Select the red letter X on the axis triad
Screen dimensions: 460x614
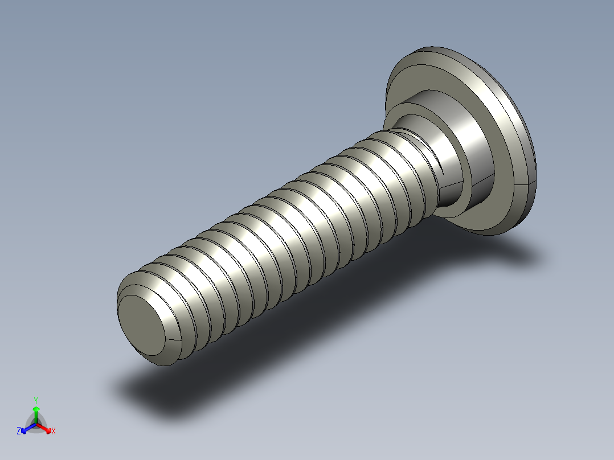click(x=54, y=432)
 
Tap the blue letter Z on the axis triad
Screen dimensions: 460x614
click(x=19, y=432)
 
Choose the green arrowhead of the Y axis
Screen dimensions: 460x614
click(x=36, y=409)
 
